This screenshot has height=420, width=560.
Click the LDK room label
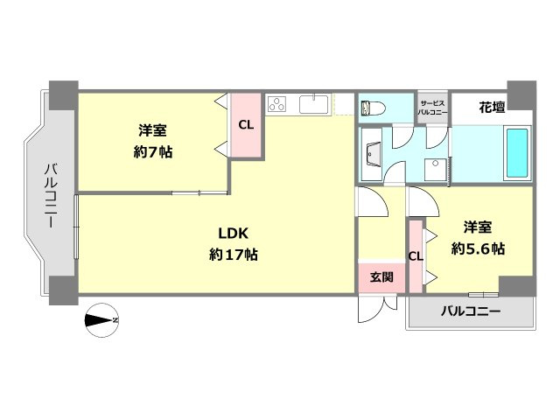click(234, 234)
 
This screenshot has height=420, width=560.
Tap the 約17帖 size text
click(234, 255)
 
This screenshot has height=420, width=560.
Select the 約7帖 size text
click(152, 151)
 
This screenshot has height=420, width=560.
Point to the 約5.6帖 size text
click(478, 248)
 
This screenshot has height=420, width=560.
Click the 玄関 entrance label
click(381, 277)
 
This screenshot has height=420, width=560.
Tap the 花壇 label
click(492, 108)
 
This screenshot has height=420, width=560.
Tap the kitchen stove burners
click(279, 105)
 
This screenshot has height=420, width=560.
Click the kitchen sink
click(313, 105)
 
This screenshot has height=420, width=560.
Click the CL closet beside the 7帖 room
click(246, 125)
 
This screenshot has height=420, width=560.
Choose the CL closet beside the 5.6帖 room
click(416, 256)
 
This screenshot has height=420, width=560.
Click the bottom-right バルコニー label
click(470, 311)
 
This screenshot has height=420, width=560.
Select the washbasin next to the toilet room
click(372, 155)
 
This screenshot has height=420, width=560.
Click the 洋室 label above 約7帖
click(152, 131)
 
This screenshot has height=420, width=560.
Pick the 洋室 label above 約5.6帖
click(478, 227)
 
